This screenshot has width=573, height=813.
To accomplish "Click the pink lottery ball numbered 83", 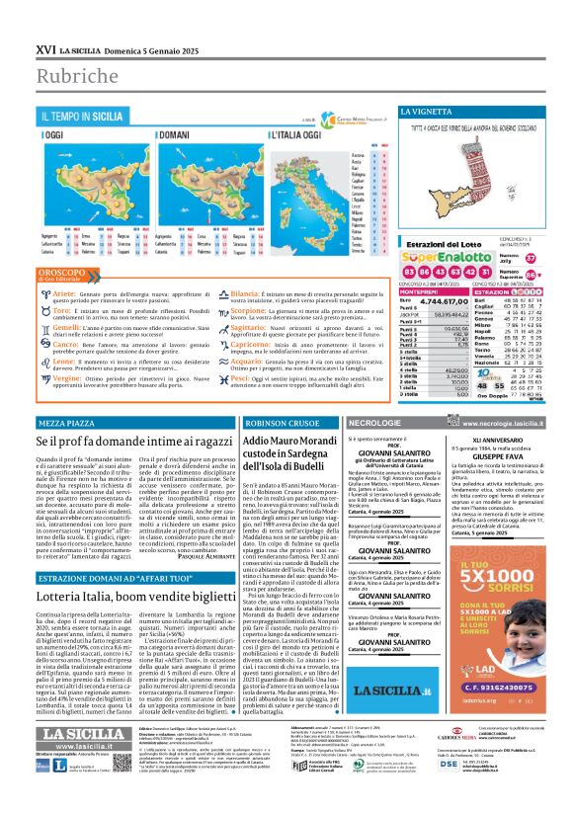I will click(x=410, y=269).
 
